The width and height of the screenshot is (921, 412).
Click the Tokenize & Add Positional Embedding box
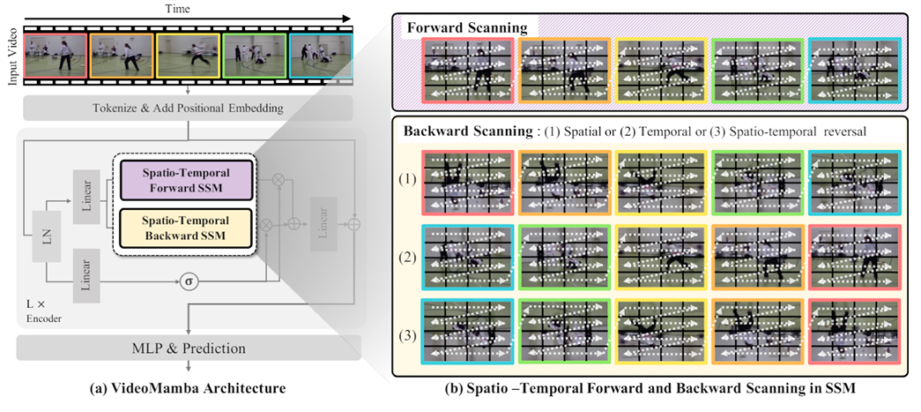(x=189, y=109)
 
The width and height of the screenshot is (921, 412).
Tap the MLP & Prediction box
(x=189, y=348)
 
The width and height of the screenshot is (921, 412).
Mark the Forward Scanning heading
(x=462, y=28)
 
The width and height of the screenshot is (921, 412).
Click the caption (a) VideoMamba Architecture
(x=189, y=386)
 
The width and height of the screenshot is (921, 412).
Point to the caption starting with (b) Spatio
(x=650, y=386)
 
